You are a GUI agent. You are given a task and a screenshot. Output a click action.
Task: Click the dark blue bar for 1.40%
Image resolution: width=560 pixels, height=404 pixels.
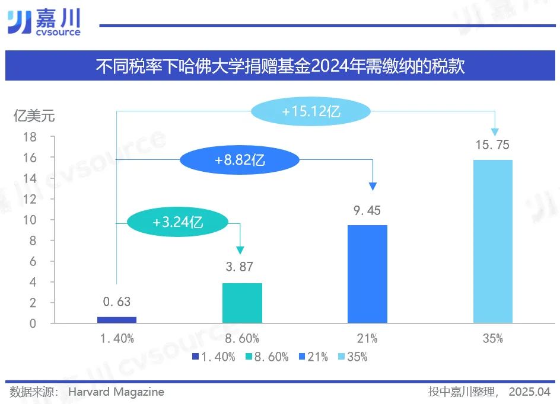[117, 320]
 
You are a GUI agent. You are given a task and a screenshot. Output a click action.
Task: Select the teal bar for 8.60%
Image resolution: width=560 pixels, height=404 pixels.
[242, 303]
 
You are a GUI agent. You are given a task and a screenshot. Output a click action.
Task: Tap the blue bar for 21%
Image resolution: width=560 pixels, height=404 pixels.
[367, 274]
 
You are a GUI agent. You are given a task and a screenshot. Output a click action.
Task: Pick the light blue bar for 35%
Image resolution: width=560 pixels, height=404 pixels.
[493, 242]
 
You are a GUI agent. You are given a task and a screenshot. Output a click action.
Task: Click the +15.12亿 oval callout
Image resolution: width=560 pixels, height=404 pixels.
[310, 111]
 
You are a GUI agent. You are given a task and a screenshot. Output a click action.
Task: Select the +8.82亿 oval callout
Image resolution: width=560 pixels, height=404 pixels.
[240, 159]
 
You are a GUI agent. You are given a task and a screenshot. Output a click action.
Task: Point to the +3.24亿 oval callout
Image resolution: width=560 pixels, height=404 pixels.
[177, 223]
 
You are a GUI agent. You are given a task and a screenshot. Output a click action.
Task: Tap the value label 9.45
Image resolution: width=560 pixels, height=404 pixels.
[367, 211]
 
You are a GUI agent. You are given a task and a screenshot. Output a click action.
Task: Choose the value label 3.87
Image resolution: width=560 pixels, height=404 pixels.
[242, 267]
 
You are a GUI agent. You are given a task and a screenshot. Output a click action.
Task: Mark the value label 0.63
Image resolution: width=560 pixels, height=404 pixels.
[116, 302]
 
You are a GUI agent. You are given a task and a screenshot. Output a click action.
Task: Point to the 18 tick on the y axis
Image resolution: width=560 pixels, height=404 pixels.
[30, 137]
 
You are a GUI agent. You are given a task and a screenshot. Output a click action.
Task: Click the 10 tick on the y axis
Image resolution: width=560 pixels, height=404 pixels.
[30, 220]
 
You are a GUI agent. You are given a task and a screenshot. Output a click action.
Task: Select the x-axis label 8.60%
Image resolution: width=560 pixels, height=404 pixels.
[242, 339]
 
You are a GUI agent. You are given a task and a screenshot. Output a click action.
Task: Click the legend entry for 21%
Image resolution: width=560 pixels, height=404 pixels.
[313, 357]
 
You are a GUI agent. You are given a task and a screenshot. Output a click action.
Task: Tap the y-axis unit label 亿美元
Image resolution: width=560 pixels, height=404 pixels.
[34, 116]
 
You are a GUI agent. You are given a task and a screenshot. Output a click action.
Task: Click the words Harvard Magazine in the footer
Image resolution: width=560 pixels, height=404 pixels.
[116, 392]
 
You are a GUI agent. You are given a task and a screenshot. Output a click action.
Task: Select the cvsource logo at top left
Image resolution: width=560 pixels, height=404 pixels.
[44, 23]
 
